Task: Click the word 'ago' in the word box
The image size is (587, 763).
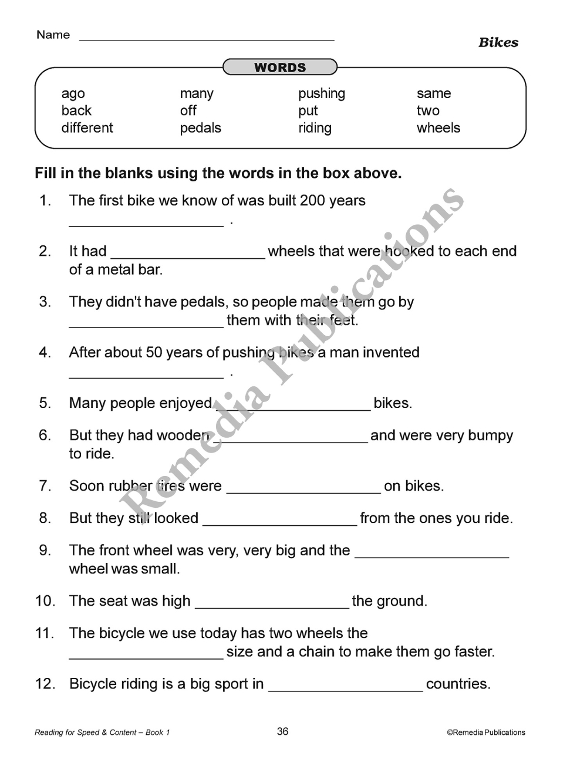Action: coord(73,94)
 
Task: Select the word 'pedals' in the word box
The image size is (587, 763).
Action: coord(200,128)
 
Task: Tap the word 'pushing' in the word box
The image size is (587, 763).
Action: coord(321,94)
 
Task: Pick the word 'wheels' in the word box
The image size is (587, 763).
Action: coord(438,128)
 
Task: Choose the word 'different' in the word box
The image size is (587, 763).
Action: coord(87,128)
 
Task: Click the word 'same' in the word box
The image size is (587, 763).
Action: coord(434,94)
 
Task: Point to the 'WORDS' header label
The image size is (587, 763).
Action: coord(280,67)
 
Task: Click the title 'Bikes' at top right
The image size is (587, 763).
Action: coord(498,42)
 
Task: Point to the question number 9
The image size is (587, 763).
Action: coord(45,551)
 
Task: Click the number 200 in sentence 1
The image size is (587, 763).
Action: coord(312,201)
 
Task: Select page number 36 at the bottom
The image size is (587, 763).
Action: coord(282,731)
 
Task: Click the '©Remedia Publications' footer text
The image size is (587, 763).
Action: coord(485,732)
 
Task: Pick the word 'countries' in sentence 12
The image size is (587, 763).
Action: coord(457,684)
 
